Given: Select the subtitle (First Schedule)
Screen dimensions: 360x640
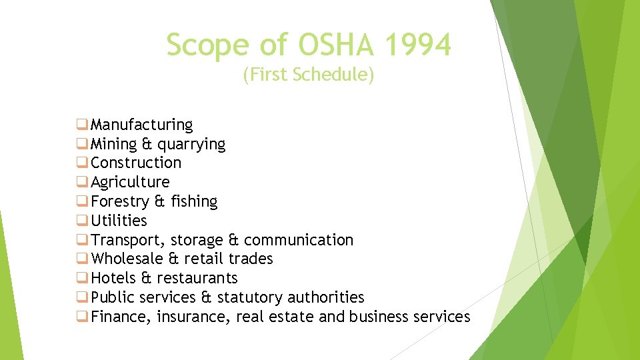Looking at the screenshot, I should pyautogui.click(x=309, y=75).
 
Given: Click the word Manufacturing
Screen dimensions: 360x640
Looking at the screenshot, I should pyautogui.click(x=141, y=125).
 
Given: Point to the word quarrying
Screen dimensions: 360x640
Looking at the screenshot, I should pyautogui.click(x=191, y=144).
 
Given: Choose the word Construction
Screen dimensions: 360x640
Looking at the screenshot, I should pyautogui.click(x=136, y=163).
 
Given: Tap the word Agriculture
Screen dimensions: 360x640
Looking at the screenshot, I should pyautogui.click(x=130, y=182).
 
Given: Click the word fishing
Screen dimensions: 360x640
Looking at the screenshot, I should pyautogui.click(x=194, y=201).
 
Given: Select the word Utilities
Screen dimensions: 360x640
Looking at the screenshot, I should pyautogui.click(x=119, y=221).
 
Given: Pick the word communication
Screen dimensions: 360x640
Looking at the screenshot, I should pyautogui.click(x=299, y=240).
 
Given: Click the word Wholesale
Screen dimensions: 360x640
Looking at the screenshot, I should pyautogui.click(x=126, y=259).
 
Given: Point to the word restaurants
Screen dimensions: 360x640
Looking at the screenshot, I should pyautogui.click(x=197, y=278).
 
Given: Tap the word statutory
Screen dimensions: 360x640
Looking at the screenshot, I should pyautogui.click(x=250, y=297).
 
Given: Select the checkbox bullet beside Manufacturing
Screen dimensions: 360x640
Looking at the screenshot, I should pyautogui.click(x=82, y=125).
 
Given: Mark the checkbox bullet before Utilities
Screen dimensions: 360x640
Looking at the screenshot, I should pyautogui.click(x=82, y=221).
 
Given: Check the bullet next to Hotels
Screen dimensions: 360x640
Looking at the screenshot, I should pyautogui.click(x=82, y=278).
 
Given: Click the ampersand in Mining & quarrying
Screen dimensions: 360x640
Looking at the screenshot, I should pyautogui.click(x=147, y=144).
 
